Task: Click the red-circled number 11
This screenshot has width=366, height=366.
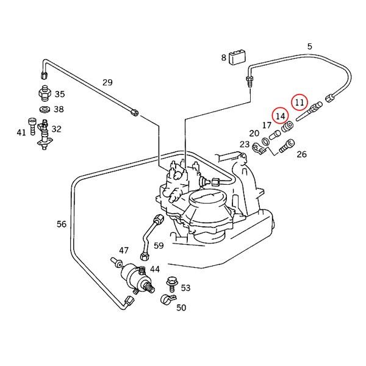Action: click(x=300, y=102)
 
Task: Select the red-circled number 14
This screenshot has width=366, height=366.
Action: click(x=280, y=115)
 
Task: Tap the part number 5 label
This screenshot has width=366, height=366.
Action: click(x=309, y=47)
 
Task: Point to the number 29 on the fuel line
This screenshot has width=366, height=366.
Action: click(x=107, y=82)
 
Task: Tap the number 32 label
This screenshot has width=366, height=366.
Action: click(x=56, y=129)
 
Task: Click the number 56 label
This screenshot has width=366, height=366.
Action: click(x=62, y=224)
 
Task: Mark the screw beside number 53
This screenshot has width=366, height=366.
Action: click(x=171, y=284)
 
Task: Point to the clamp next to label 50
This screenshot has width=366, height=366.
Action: click(x=166, y=300)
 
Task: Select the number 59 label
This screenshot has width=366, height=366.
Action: click(x=159, y=246)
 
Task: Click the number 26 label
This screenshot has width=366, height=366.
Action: click(x=301, y=154)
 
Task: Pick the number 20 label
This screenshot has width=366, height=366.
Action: click(x=254, y=134)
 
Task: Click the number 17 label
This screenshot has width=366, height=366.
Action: click(x=267, y=126)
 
